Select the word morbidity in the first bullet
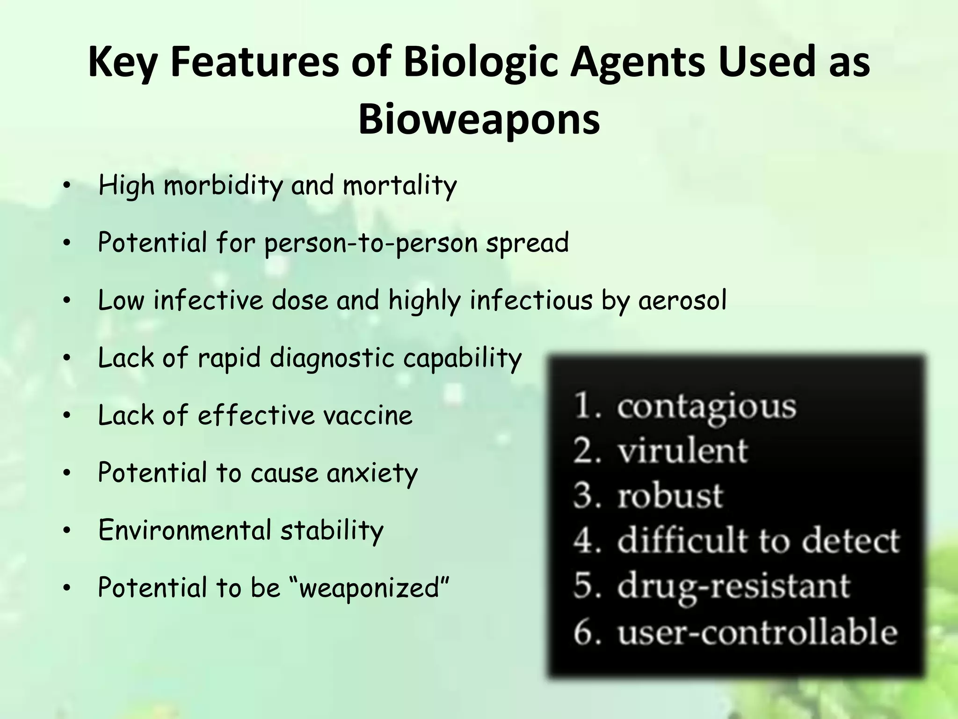tap(223, 185)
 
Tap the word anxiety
tap(372, 473)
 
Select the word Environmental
tap(185, 530)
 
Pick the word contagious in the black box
tap(706, 406)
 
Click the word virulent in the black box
tap(683, 451)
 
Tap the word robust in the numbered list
tap(670, 496)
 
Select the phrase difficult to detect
tap(758, 541)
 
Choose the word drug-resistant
tap(733, 586)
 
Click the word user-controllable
tap(757, 632)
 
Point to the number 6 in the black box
tap(585, 632)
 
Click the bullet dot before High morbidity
tap(67, 186)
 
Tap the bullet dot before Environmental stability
tap(67, 531)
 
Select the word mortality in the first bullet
tap(399, 185)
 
